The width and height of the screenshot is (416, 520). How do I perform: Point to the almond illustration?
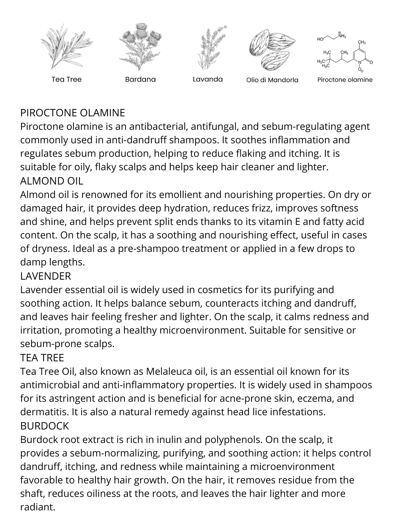click(272, 49)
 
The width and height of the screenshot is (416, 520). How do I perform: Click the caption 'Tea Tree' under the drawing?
click(67, 79)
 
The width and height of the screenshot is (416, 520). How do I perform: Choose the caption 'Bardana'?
click(140, 79)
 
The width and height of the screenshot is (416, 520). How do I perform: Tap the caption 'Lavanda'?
click(208, 79)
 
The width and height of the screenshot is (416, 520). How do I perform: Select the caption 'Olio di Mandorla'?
click(272, 80)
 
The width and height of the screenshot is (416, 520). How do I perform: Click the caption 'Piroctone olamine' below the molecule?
click(345, 80)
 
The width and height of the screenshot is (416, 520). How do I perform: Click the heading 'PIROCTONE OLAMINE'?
click(72, 113)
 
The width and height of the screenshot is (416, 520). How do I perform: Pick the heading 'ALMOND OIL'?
click(52, 181)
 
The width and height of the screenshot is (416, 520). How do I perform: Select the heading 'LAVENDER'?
click(45, 276)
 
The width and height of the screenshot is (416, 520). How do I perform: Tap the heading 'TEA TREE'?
click(42, 358)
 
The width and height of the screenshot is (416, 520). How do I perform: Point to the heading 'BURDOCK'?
click(44, 426)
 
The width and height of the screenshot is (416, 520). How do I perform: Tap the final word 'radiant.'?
click(38, 507)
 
